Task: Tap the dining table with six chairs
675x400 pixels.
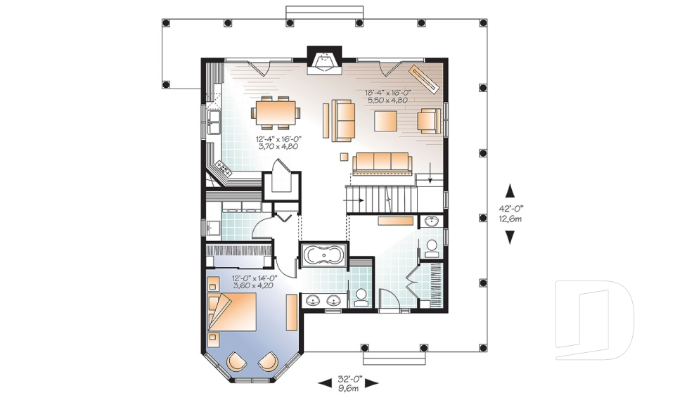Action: (276, 112)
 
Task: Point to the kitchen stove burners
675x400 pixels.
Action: (224, 167)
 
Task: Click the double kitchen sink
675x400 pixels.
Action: (214, 122)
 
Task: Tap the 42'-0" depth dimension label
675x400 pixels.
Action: (510, 208)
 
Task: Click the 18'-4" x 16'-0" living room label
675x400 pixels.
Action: (388, 93)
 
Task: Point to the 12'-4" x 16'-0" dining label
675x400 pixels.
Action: (278, 139)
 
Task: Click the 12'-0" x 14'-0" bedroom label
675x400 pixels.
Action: (255, 278)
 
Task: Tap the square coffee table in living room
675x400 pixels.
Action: (386, 120)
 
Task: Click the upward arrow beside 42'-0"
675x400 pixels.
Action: (510, 191)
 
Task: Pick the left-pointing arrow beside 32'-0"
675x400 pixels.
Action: (325, 382)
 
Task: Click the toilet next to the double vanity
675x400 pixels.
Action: (361, 297)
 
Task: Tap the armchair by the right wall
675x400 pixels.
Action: (429, 120)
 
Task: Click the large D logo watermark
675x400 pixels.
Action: (595, 320)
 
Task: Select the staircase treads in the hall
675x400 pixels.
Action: (381, 198)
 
